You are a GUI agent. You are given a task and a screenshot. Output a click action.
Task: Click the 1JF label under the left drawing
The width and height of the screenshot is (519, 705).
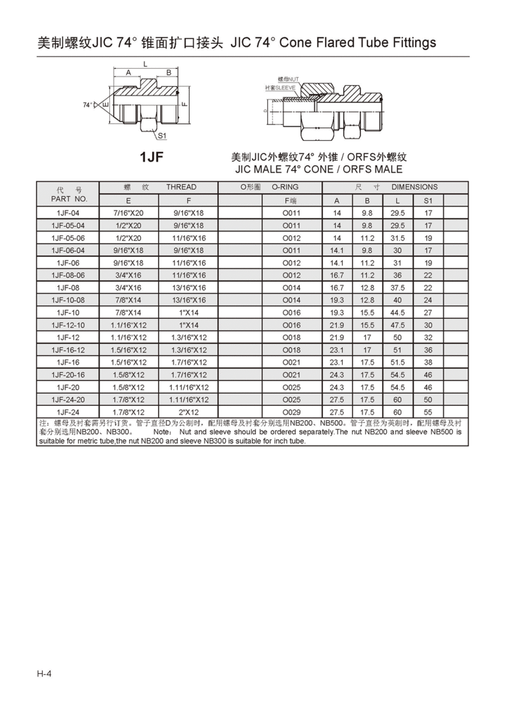click(x=151, y=157)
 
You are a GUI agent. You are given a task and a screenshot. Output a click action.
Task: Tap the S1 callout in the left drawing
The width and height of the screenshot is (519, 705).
click(x=162, y=136)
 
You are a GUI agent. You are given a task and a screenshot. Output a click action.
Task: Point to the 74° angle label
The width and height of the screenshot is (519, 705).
click(x=88, y=105)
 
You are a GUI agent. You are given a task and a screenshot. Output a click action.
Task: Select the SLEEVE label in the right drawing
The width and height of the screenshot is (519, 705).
click(x=280, y=88)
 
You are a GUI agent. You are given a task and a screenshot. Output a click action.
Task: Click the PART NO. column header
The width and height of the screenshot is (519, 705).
click(x=69, y=199)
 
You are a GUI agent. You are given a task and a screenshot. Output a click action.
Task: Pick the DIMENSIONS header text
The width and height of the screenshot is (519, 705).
click(x=415, y=187)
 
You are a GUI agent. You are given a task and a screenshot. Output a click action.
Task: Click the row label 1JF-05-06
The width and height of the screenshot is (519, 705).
click(x=68, y=238)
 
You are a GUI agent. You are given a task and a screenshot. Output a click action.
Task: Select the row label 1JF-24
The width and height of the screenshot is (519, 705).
click(x=68, y=412)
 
